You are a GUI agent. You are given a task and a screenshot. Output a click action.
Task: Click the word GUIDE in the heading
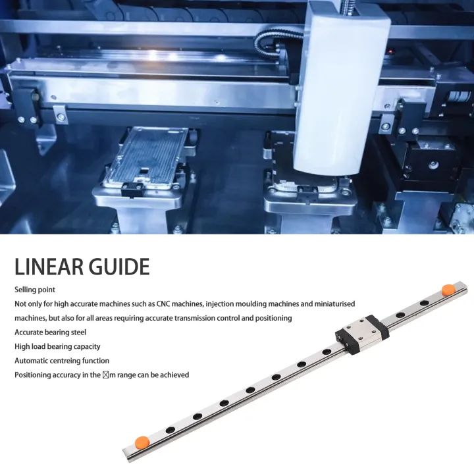[121, 267]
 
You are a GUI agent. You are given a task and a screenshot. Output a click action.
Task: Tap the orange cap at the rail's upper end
[448, 288]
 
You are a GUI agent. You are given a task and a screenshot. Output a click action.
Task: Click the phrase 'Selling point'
[35, 290]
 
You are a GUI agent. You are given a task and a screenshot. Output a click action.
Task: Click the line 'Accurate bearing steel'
[50, 332]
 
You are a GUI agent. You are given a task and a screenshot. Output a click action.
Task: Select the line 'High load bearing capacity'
[57, 347]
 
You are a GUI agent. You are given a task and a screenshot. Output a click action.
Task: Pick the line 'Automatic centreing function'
[62, 361]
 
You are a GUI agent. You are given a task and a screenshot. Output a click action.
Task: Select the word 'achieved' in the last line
[174, 375]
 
